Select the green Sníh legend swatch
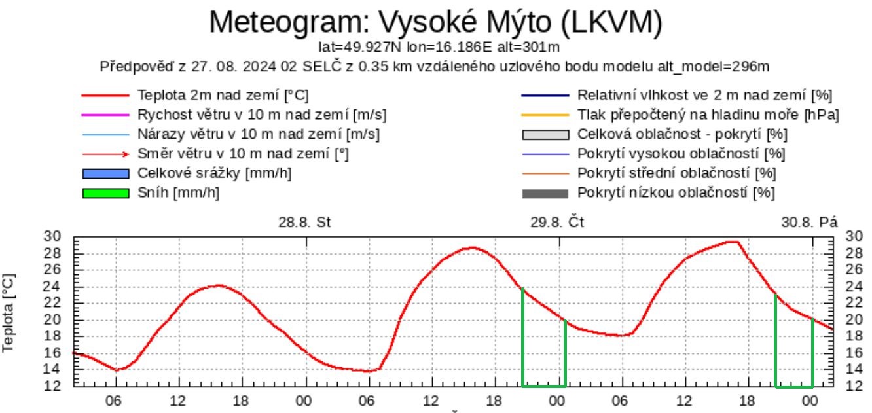click(x=105, y=194)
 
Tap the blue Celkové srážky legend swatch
click(x=105, y=174)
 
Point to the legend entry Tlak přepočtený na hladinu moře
click(x=708, y=115)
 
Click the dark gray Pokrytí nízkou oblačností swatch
click(x=545, y=194)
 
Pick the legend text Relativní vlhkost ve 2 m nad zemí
click(x=704, y=96)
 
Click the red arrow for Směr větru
click(x=105, y=154)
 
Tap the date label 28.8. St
click(x=305, y=222)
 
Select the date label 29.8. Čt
click(x=557, y=222)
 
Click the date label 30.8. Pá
click(x=809, y=222)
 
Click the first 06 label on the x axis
click(x=115, y=400)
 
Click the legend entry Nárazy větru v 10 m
click(x=259, y=135)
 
